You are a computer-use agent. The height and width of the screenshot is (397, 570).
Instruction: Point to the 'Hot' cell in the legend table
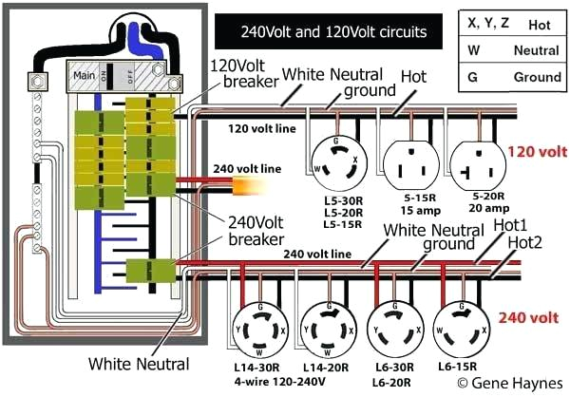click(538, 22)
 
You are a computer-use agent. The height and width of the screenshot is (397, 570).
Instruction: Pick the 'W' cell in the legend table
click(475, 48)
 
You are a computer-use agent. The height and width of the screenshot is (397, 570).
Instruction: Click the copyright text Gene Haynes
click(509, 383)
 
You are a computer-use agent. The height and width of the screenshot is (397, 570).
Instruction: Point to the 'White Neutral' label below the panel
click(139, 363)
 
